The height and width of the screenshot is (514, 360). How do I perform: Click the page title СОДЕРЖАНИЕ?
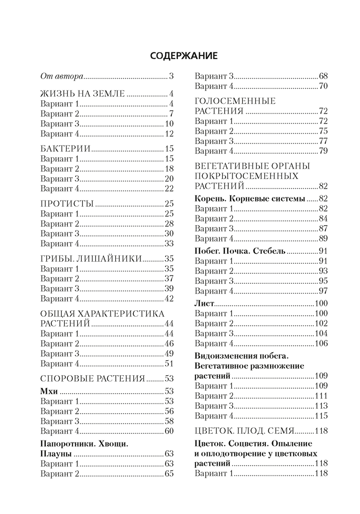point(179,54)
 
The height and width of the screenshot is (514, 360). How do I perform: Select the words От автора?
point(61,77)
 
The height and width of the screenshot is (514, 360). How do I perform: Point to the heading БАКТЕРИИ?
point(66,149)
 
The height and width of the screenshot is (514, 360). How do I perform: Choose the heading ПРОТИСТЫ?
point(67,203)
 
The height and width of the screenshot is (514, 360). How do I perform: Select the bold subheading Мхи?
point(49,391)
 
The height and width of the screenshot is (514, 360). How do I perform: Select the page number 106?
point(321,344)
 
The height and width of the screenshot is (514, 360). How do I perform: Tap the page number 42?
point(170,299)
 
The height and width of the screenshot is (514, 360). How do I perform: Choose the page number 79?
point(323,151)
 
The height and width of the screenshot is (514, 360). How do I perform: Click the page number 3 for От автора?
point(172,77)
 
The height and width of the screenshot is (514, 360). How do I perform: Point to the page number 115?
point(321,416)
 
